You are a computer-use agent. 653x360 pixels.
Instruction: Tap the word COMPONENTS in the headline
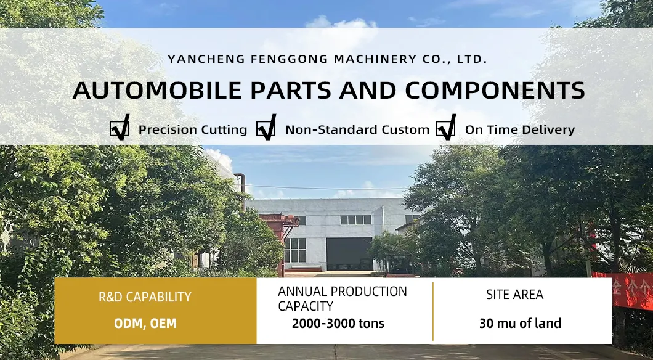point(495,90)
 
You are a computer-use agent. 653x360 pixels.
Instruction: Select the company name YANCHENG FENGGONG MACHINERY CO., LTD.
point(327,59)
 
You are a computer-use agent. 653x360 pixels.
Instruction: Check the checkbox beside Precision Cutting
point(119,129)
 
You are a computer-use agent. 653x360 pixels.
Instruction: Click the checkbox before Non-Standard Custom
point(266,129)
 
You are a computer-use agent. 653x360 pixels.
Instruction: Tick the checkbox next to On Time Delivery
point(445,129)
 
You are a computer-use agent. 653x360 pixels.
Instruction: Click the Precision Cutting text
point(192,130)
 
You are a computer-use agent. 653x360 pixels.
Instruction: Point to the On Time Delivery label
point(519,130)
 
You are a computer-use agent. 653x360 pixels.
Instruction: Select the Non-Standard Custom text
point(357,130)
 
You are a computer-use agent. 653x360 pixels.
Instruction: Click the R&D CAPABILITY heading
point(145,297)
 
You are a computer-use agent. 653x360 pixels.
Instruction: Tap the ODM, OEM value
point(145,324)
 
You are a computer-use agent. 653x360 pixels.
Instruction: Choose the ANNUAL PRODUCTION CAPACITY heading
point(342,298)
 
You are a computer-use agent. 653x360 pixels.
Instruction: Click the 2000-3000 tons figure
point(338,324)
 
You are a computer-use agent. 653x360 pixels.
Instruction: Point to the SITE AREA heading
point(514,295)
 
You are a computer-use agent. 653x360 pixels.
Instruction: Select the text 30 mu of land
point(520,324)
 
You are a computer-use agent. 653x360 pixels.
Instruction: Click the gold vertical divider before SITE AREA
point(433,311)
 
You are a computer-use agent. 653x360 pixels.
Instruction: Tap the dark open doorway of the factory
point(349,253)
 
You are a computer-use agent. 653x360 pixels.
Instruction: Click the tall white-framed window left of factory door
point(294,250)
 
